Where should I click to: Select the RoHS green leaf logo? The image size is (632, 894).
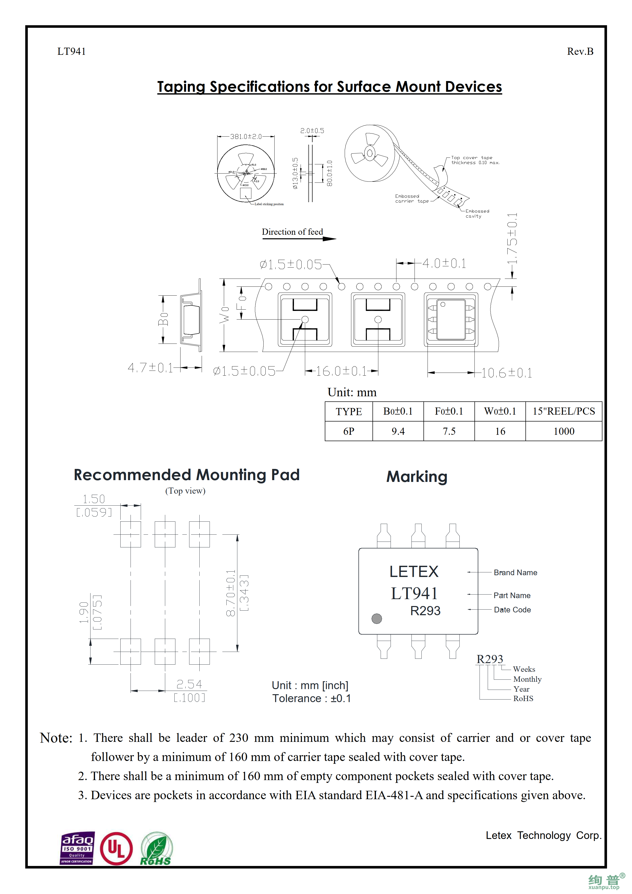[x=156, y=849]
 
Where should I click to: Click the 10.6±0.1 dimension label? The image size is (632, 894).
[x=506, y=373]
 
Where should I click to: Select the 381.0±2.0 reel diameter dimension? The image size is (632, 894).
[x=246, y=137]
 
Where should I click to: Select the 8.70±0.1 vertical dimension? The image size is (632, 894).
[x=230, y=593]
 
